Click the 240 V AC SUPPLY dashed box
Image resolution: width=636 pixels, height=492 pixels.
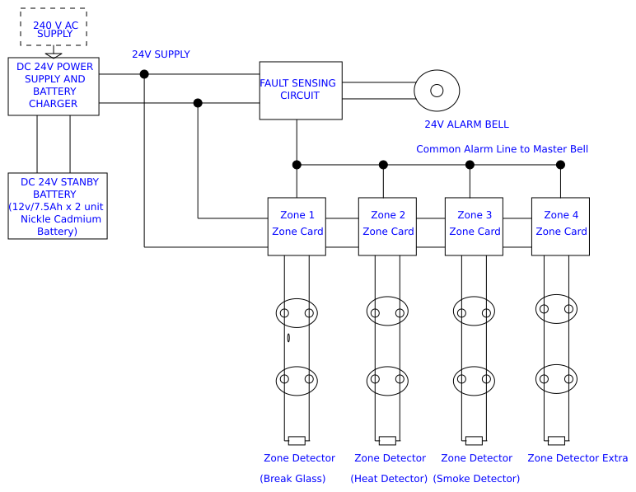click(x=54, y=27)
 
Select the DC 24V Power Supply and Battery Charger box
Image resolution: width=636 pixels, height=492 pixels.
click(x=54, y=87)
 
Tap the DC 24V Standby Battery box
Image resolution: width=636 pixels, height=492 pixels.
click(x=58, y=206)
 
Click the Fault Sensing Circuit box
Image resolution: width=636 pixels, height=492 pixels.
click(x=301, y=90)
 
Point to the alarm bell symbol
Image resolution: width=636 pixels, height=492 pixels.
click(x=437, y=91)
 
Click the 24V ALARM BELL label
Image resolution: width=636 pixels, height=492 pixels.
click(x=466, y=124)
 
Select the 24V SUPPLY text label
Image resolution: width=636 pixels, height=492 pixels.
click(x=161, y=54)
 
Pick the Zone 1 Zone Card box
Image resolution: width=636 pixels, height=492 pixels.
click(x=297, y=226)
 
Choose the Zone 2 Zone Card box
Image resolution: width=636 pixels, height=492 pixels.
click(x=387, y=226)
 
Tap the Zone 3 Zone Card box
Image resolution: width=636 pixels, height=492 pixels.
click(x=474, y=226)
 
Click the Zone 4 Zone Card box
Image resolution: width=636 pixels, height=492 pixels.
click(x=560, y=226)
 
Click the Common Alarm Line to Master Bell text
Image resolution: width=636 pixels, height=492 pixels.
click(x=502, y=149)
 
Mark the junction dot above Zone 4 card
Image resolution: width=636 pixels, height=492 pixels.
click(x=560, y=165)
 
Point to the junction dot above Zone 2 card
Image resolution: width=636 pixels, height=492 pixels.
click(x=383, y=165)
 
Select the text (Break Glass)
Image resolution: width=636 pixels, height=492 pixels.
click(x=292, y=479)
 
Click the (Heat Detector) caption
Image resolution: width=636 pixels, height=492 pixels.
click(x=389, y=479)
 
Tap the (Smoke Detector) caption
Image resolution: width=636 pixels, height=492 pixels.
click(x=476, y=479)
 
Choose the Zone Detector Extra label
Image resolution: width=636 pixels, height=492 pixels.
click(x=578, y=458)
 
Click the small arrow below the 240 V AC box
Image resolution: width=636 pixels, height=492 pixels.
click(x=54, y=54)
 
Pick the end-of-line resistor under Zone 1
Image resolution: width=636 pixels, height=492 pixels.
click(x=297, y=440)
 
